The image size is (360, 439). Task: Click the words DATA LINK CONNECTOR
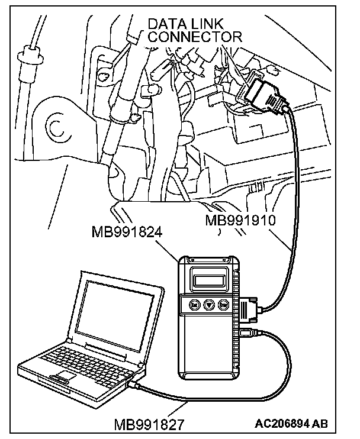point(195,30)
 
